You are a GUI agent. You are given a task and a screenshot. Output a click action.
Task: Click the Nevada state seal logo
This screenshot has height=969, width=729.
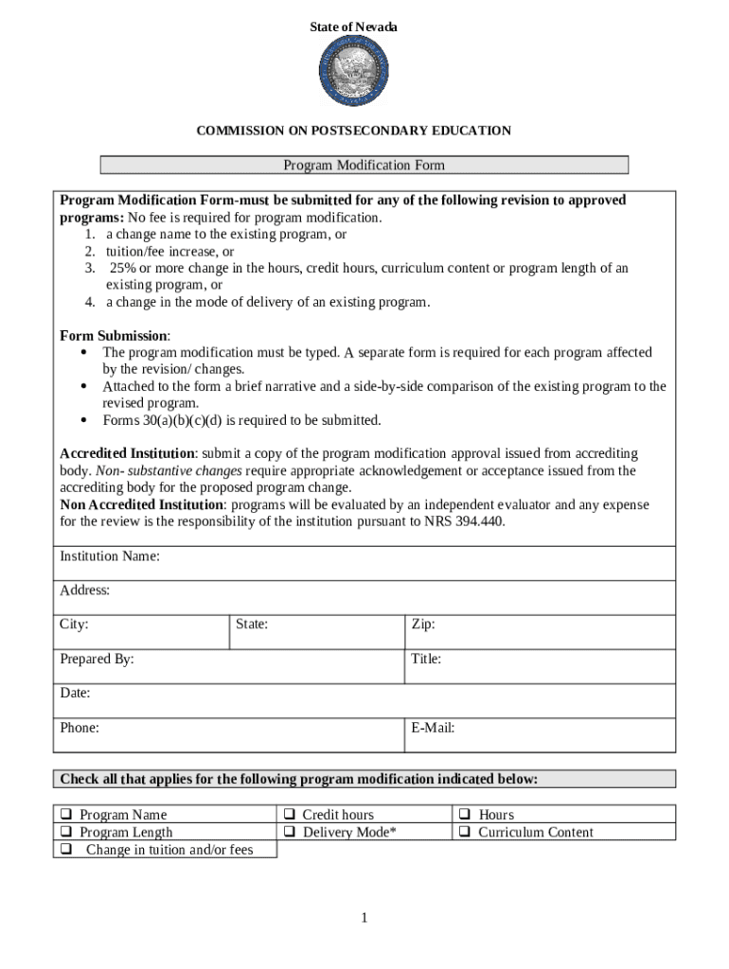353,73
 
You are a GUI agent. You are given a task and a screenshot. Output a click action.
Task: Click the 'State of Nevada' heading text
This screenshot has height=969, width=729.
353,27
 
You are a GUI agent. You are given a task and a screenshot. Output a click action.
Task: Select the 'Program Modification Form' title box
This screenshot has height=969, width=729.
364,166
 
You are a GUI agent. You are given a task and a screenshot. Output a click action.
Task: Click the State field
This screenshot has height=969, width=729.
316,632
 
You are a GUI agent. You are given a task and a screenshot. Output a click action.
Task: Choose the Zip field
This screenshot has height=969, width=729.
540,632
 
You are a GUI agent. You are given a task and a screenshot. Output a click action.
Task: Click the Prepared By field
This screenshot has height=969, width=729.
228,666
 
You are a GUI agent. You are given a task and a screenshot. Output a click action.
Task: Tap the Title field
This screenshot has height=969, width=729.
540,666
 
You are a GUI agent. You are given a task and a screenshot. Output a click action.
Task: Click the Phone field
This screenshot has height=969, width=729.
228,735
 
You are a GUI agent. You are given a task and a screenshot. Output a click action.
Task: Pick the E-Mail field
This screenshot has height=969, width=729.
540,735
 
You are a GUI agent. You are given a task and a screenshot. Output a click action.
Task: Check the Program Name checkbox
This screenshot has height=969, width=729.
67,815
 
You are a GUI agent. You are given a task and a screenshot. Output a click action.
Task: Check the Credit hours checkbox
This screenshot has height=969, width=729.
291,815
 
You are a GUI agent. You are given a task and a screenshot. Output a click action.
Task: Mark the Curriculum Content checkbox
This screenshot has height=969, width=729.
466,833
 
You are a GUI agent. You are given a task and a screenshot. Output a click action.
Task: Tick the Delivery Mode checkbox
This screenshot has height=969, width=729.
291,833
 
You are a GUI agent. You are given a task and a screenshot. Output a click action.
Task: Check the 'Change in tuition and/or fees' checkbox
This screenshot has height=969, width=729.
67,850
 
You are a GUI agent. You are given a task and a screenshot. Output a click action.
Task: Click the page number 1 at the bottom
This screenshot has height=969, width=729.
364,918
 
